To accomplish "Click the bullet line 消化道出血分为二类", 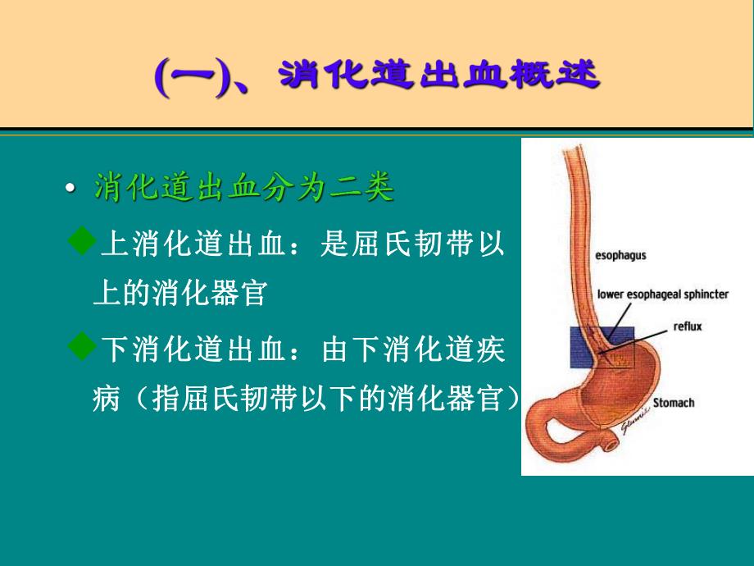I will [x=244, y=189].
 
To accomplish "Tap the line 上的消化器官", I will [x=180, y=293].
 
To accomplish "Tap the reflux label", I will [x=688, y=325].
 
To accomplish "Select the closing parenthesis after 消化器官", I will [x=515, y=400].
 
